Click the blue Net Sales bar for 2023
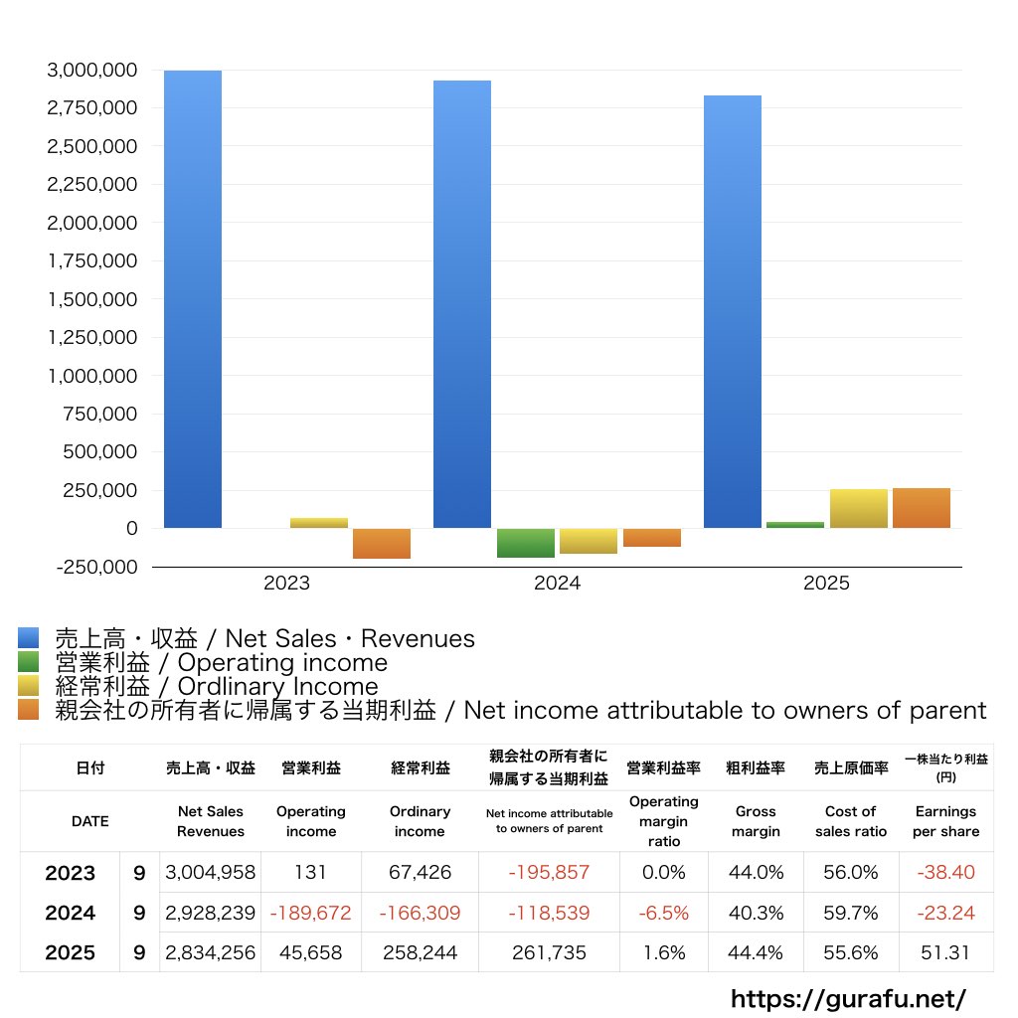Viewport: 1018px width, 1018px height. [x=192, y=299]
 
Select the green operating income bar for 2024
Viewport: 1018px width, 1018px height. [x=526, y=543]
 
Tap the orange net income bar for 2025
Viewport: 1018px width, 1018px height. [x=922, y=508]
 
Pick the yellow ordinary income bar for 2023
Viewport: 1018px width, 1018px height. [x=319, y=523]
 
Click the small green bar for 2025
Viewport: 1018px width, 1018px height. [x=795, y=525]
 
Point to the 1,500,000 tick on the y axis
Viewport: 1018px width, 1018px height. [x=92, y=299]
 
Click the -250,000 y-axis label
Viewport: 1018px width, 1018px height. [x=96, y=567]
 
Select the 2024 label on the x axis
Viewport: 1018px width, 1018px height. [x=557, y=583]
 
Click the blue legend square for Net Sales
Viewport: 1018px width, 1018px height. [x=29, y=637]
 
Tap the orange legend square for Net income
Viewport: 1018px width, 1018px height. [x=29, y=709]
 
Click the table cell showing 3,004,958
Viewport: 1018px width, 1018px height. [x=211, y=872]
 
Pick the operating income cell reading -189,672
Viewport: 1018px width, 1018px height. [x=311, y=913]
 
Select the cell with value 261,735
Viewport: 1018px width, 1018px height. [x=549, y=952]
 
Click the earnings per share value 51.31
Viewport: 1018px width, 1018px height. [x=945, y=952]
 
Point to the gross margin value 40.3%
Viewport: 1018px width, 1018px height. [x=756, y=913]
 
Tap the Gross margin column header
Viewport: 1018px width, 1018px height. [x=756, y=821]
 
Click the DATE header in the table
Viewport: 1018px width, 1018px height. [x=90, y=821]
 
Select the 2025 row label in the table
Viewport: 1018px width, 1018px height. [x=71, y=952]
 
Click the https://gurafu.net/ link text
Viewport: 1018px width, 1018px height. [x=849, y=998]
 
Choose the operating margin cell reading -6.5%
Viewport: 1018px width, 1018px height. [x=663, y=913]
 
